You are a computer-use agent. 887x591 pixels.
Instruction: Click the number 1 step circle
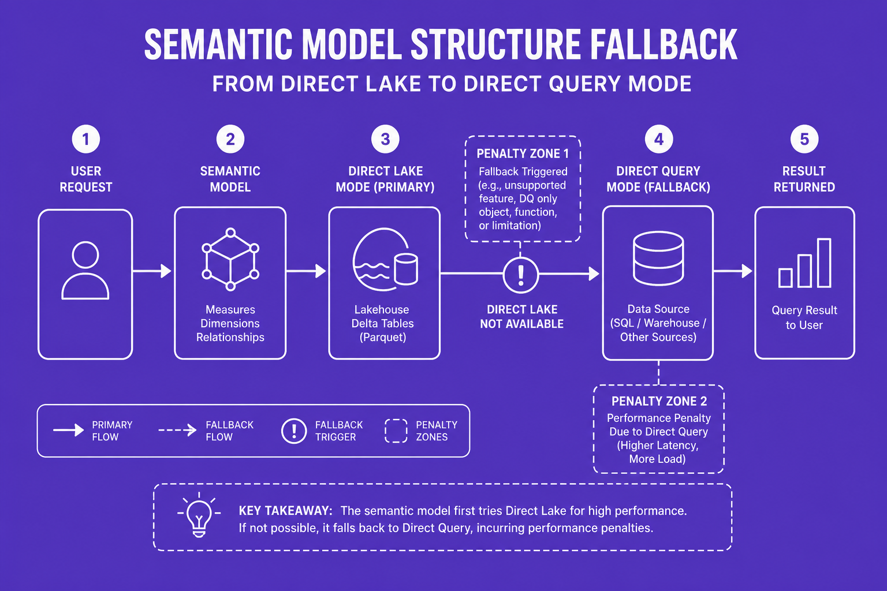(x=85, y=139)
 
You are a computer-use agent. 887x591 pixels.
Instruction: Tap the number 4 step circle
(x=658, y=139)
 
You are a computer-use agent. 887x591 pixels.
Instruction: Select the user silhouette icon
(x=85, y=270)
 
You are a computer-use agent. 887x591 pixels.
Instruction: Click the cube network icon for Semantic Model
(x=230, y=260)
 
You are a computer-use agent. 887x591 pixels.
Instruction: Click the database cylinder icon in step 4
(x=658, y=259)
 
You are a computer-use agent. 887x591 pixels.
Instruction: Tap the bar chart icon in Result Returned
(x=804, y=263)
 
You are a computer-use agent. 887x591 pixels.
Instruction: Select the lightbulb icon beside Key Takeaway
(x=199, y=515)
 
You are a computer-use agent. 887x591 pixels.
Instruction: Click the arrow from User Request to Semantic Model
(x=152, y=271)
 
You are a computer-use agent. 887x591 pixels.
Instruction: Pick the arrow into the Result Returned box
(x=733, y=271)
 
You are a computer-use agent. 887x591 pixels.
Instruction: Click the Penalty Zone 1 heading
(x=522, y=154)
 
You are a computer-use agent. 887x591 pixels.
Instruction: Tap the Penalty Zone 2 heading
(x=659, y=401)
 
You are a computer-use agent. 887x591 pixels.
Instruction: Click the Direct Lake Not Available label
(x=522, y=317)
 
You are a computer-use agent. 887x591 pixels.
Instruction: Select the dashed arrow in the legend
(x=177, y=430)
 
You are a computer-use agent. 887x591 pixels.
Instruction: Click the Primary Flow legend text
(x=112, y=431)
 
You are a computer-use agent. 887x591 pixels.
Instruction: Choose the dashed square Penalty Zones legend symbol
(x=396, y=431)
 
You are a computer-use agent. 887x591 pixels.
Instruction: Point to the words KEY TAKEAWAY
(x=285, y=511)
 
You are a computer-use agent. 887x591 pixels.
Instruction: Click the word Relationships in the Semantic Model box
(x=230, y=337)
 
